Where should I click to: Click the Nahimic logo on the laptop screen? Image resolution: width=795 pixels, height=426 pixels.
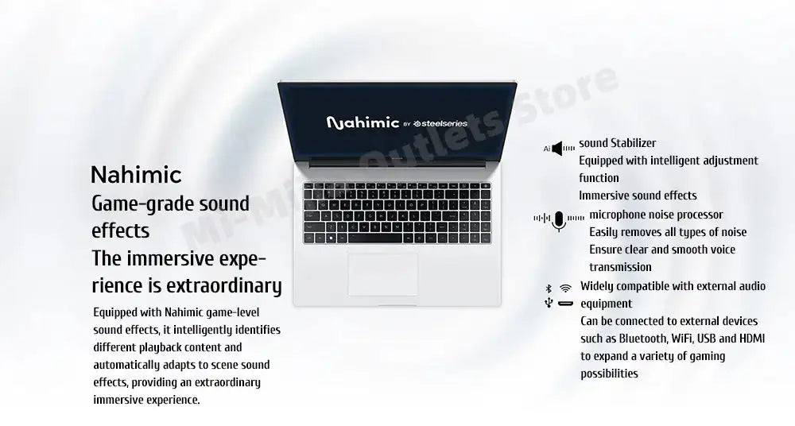pos(363,123)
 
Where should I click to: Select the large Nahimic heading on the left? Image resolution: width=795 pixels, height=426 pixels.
pos(136,174)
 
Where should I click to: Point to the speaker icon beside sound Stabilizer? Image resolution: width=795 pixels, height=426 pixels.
pos(563,148)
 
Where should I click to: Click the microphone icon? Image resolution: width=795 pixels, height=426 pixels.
pos(559,221)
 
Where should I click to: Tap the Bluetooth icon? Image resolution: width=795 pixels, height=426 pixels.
pos(548,287)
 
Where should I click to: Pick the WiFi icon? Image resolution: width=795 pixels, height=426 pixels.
pos(565,287)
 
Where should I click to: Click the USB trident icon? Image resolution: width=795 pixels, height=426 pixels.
pos(548,303)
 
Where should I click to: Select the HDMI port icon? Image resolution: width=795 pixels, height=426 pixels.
pos(565,304)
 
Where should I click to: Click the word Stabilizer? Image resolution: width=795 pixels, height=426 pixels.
pos(633,143)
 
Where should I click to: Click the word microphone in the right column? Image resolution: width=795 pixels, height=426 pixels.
pos(622,215)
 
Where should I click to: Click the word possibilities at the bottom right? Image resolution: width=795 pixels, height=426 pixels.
pos(609,374)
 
